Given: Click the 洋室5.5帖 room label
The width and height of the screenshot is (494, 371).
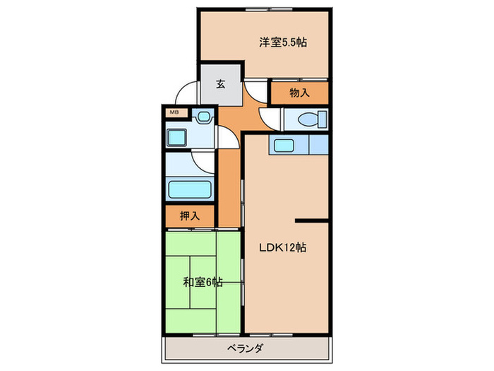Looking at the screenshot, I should (x=282, y=42).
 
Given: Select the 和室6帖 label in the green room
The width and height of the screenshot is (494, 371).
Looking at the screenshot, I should (x=203, y=282).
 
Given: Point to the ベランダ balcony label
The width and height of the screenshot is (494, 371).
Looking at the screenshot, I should (x=246, y=348).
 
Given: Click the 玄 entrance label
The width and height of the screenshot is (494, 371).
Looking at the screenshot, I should (x=220, y=84).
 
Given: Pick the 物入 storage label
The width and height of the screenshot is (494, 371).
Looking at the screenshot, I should (x=300, y=93).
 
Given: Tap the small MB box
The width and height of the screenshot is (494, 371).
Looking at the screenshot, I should (x=174, y=111).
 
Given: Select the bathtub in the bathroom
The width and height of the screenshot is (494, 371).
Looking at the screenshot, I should (x=189, y=189).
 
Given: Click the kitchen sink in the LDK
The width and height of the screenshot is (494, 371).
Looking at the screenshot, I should (x=284, y=145).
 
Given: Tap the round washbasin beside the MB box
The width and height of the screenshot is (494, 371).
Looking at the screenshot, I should (x=205, y=115).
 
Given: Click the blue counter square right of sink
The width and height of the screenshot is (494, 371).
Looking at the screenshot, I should (x=319, y=145).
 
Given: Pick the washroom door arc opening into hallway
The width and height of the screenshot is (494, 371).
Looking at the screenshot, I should (x=224, y=136).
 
